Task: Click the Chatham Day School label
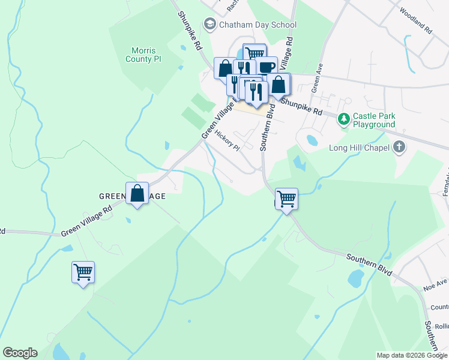(x=258, y=25)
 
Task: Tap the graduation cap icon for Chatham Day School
(x=209, y=25)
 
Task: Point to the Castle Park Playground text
(x=374, y=120)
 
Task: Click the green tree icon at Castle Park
(x=344, y=119)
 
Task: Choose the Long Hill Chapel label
(x=359, y=148)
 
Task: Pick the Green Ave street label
(x=316, y=76)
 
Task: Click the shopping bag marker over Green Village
(x=137, y=193)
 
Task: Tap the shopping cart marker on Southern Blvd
(x=287, y=199)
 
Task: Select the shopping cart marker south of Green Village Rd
(x=83, y=272)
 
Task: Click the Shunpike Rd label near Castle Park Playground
(x=301, y=107)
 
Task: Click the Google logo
(x=20, y=353)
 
